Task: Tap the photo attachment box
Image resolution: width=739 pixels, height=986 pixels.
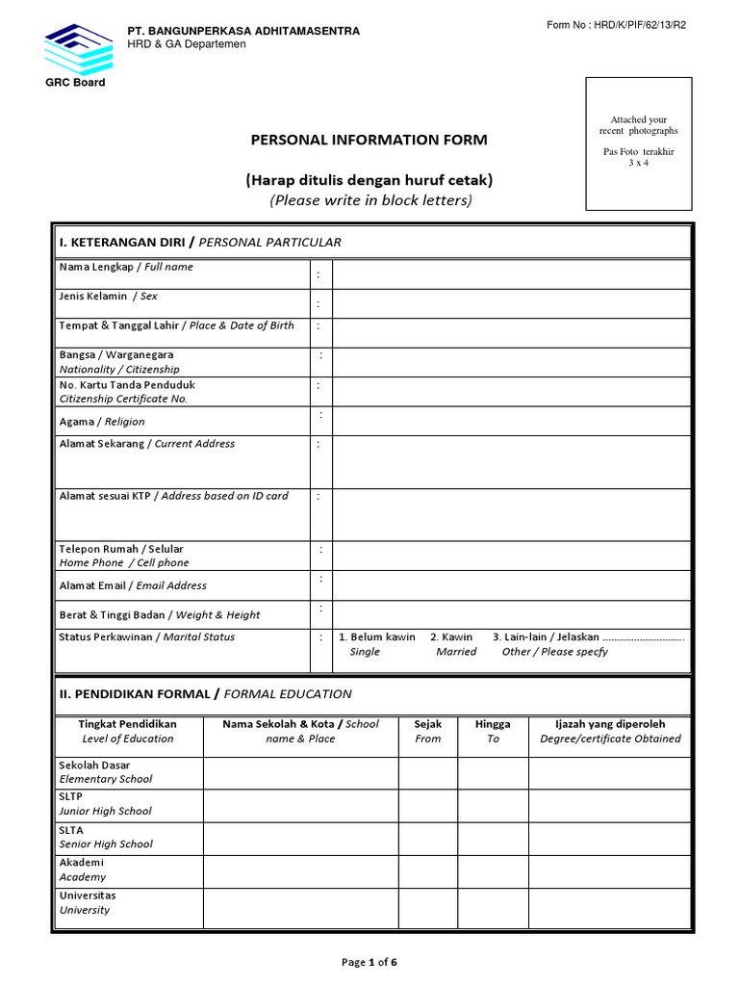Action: click(x=639, y=144)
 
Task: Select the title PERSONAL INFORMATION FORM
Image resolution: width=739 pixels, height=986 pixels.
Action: click(x=369, y=140)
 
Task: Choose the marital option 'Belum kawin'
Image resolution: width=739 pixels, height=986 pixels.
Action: click(x=377, y=637)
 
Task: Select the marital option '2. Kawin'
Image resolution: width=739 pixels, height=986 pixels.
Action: click(x=451, y=637)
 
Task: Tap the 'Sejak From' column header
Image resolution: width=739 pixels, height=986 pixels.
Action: click(x=428, y=731)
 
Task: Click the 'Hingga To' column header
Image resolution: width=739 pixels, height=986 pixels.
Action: click(x=493, y=731)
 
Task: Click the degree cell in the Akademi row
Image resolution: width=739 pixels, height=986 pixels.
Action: click(x=609, y=870)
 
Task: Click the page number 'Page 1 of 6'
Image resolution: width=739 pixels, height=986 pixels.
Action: click(x=369, y=962)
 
